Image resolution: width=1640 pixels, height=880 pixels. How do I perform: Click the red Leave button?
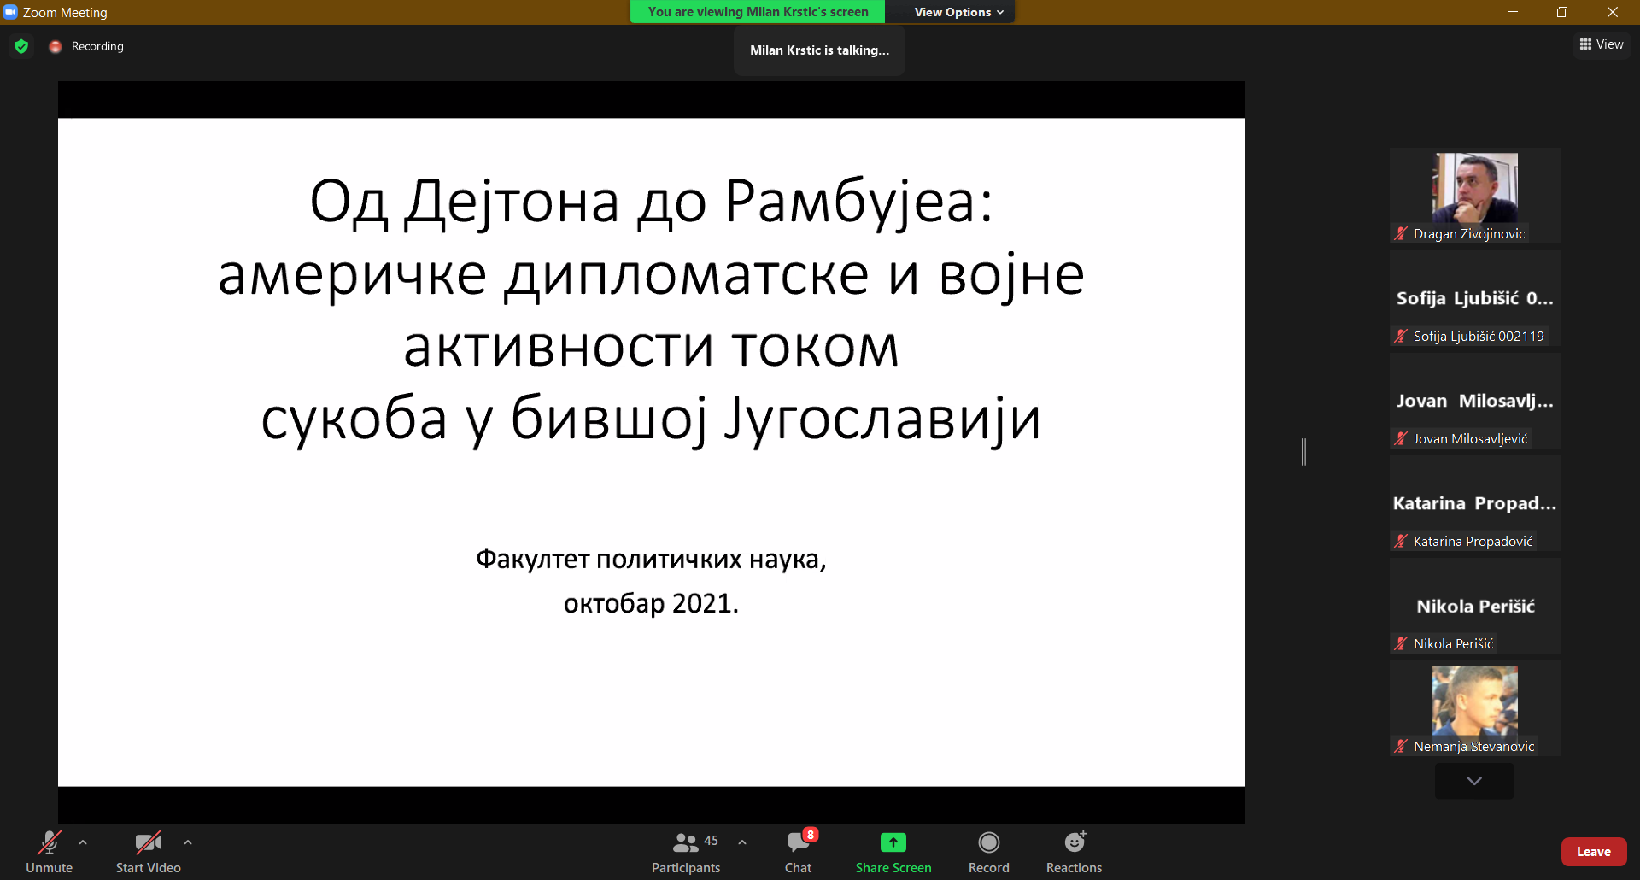point(1593,852)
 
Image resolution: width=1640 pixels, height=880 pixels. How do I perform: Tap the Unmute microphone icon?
point(50,843)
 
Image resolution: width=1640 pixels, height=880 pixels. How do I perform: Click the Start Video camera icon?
point(149,843)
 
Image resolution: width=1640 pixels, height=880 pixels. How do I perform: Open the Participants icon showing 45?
point(686,843)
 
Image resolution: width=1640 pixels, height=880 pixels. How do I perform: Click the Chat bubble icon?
point(799,843)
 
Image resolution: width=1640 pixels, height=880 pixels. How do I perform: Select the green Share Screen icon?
point(893,842)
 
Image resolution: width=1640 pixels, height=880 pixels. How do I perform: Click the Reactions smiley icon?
point(1075,842)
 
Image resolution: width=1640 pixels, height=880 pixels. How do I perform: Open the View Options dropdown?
point(958,12)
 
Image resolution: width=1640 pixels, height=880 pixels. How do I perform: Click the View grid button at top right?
point(1602,44)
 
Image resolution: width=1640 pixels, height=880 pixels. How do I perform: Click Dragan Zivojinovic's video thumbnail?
point(1475,188)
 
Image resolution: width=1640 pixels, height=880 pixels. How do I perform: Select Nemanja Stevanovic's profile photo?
point(1475,701)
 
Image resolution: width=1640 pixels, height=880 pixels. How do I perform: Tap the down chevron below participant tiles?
point(1474,781)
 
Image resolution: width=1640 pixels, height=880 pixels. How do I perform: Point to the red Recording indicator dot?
point(56,47)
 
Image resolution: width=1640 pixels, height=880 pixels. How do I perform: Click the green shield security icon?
point(21,46)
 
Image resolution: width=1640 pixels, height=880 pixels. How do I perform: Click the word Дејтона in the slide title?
point(512,203)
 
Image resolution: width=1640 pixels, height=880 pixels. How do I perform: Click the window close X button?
point(1613,12)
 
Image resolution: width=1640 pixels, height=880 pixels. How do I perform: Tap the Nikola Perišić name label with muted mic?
point(1444,643)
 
